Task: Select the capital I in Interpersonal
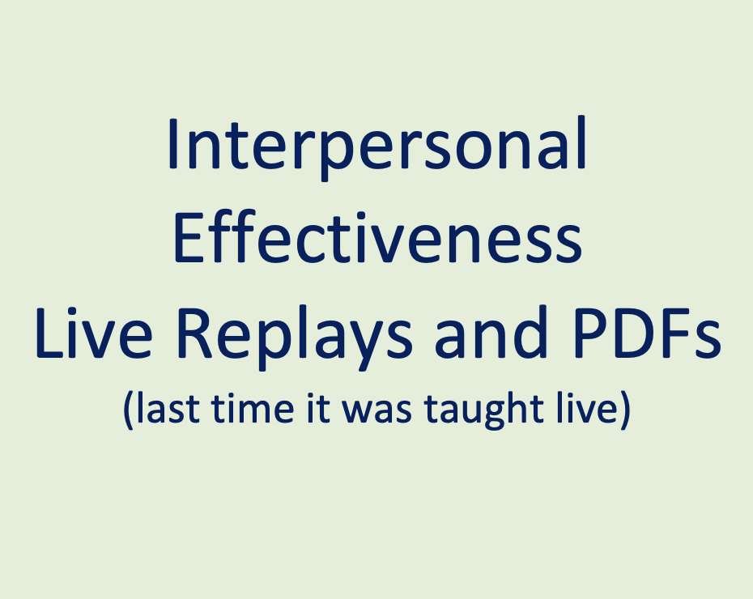[172, 146]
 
